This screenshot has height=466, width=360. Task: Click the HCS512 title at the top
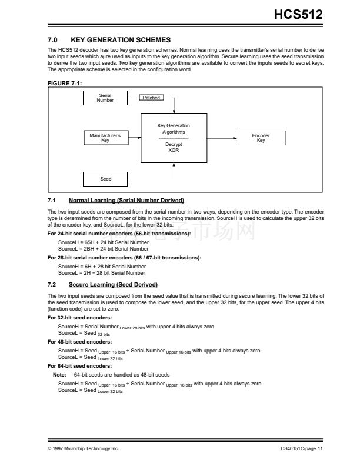click(x=298, y=14)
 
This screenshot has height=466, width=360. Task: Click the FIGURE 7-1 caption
click(x=64, y=84)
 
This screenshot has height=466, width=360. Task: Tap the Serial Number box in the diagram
click(x=105, y=98)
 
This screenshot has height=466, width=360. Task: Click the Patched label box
click(x=151, y=98)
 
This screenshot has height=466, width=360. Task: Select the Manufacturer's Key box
click(x=105, y=138)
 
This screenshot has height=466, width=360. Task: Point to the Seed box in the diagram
click(x=105, y=179)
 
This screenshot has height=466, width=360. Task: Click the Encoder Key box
click(x=261, y=138)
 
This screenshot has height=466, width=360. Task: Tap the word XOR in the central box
click(x=174, y=150)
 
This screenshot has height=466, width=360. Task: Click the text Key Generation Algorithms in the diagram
click(x=174, y=129)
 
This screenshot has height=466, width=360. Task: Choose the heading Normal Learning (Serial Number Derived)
click(x=126, y=201)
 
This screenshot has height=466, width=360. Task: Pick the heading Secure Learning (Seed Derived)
click(x=113, y=284)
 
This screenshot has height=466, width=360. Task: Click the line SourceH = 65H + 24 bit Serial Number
click(x=103, y=242)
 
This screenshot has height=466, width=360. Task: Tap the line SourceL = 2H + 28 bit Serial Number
click(x=101, y=273)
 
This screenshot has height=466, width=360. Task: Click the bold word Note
click(x=59, y=374)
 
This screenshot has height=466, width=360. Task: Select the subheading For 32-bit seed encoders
click(x=79, y=318)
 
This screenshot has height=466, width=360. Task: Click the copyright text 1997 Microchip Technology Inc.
click(x=85, y=449)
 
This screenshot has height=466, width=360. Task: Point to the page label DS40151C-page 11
click(x=302, y=449)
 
